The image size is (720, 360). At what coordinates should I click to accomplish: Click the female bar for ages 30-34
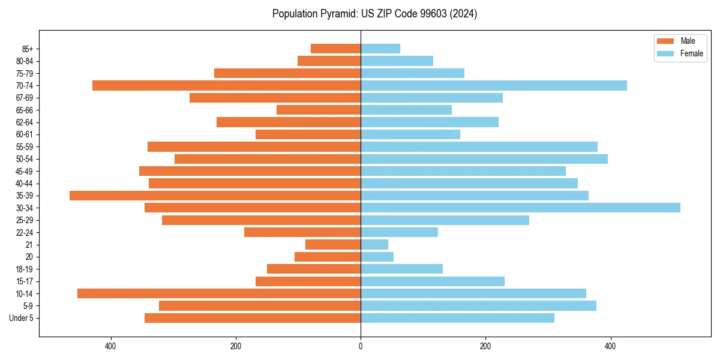tap(520, 208)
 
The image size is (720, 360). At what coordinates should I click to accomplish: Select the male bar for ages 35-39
tap(215, 196)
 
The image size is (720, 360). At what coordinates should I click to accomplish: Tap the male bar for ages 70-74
tap(226, 85)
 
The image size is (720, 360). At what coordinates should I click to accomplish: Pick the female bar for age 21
tap(374, 244)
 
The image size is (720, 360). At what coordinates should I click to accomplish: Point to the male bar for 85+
tap(335, 49)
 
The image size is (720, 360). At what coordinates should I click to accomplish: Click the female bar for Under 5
tap(457, 318)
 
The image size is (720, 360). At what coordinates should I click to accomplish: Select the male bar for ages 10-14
tap(219, 293)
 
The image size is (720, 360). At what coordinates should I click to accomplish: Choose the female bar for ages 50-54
tap(484, 159)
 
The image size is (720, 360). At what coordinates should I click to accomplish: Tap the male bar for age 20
tap(328, 257)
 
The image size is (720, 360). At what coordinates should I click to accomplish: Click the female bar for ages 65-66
tap(406, 110)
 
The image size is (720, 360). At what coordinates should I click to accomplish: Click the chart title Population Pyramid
tap(374, 14)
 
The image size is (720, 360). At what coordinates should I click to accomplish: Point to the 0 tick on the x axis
tap(361, 346)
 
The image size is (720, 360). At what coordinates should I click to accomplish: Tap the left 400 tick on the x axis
tap(110, 346)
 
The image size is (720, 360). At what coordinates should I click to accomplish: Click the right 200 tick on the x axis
tap(485, 346)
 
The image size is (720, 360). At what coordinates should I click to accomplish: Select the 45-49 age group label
tap(25, 171)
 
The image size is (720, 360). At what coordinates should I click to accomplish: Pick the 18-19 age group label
tap(25, 269)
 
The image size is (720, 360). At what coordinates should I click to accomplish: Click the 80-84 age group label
tap(25, 61)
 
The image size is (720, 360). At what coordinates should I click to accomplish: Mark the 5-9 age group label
tap(28, 306)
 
